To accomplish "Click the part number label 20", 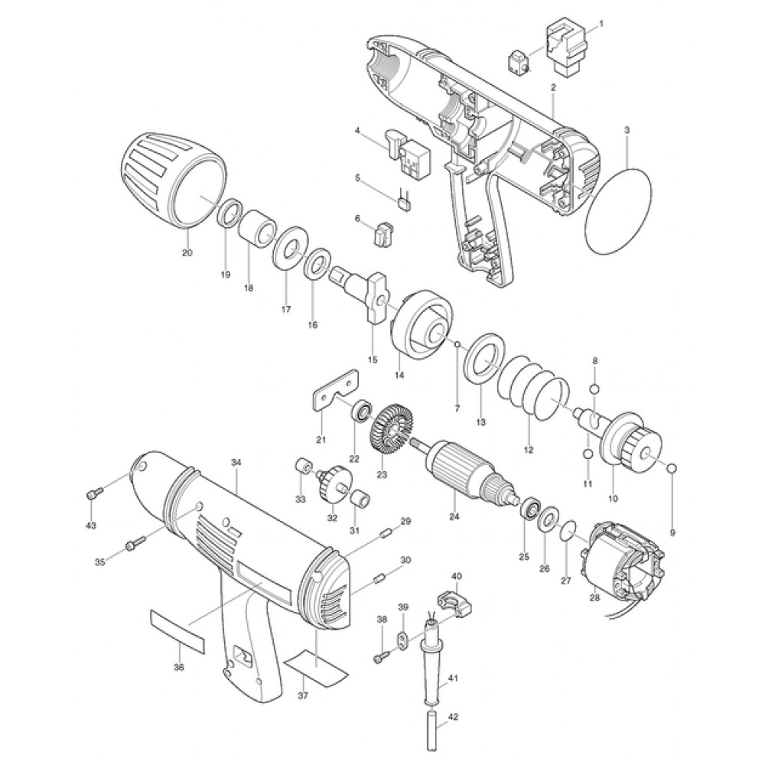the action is point(187,252).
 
